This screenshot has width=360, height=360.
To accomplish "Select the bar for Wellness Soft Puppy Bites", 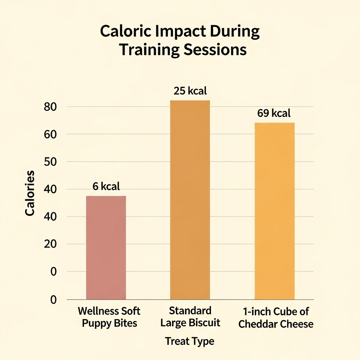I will pyautogui.click(x=106, y=247).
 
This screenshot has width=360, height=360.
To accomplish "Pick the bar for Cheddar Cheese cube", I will pyautogui.click(x=274, y=211).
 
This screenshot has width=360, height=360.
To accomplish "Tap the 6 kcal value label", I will pyautogui.click(x=106, y=186).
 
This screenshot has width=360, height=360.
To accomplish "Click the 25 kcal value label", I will pyautogui.click(x=190, y=91).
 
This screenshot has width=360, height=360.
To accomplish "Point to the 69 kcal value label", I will pyautogui.click(x=274, y=113).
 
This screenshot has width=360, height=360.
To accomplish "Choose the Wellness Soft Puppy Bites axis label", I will pyautogui.click(x=109, y=317).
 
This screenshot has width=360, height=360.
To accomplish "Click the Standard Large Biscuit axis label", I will pyautogui.click(x=190, y=316).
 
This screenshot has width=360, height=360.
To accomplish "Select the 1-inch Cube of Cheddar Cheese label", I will pyautogui.click(x=276, y=317).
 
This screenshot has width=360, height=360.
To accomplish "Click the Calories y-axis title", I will pyautogui.click(x=30, y=193).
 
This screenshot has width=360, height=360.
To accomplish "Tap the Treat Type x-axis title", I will pyautogui.click(x=189, y=341).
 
